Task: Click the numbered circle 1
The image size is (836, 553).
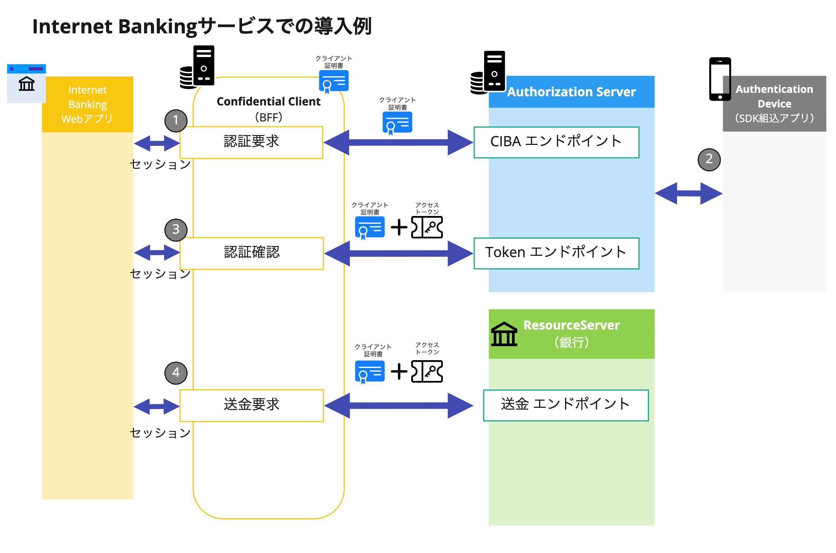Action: pyautogui.click(x=176, y=121)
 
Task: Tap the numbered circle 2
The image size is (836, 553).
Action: pyautogui.click(x=709, y=160)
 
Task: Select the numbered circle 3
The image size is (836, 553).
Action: pyautogui.click(x=176, y=230)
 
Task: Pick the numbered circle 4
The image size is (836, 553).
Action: pyautogui.click(x=176, y=372)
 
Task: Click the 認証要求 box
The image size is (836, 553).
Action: pyautogui.click(x=251, y=143)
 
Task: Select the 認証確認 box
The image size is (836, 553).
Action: pyautogui.click(x=252, y=253)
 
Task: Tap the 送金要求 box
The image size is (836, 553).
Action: pyautogui.click(x=252, y=405)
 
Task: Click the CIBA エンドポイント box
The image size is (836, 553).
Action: pyautogui.click(x=556, y=142)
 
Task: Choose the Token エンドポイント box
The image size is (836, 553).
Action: pyautogui.click(x=556, y=253)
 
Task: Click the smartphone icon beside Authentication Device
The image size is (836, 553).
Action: pyautogui.click(x=719, y=79)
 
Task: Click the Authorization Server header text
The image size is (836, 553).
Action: pyautogui.click(x=571, y=92)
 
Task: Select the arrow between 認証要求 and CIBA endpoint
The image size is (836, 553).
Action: pyautogui.click(x=398, y=143)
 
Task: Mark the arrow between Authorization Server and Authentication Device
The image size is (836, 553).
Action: pyautogui.click(x=688, y=193)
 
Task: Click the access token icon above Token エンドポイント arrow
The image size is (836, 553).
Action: pyautogui.click(x=426, y=227)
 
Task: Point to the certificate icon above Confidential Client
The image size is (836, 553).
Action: pyautogui.click(x=334, y=81)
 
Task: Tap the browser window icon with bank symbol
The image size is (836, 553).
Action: pyautogui.click(x=27, y=83)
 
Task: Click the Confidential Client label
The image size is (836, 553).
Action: pyautogui.click(x=268, y=102)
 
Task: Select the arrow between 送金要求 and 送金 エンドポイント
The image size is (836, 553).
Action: pyautogui.click(x=398, y=405)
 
